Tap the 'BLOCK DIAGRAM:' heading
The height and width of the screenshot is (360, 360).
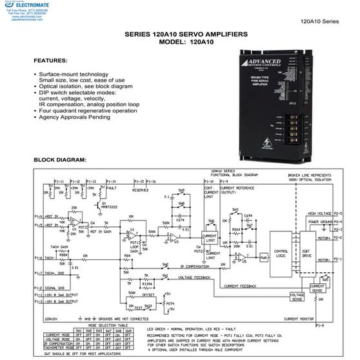click(x=59, y=159)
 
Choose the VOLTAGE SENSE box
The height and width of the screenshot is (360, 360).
click(x=297, y=295)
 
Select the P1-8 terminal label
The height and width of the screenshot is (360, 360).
click(x=319, y=326)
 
